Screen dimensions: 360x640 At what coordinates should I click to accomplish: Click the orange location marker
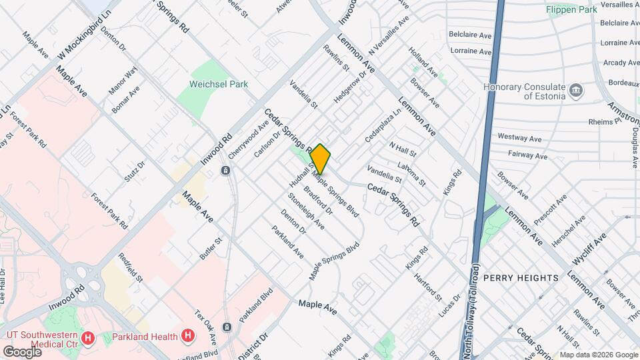(320, 159)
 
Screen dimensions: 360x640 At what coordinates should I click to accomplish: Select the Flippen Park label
(571, 10)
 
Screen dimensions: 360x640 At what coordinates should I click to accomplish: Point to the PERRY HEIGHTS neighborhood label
(521, 277)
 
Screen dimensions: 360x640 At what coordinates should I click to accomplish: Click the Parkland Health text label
(145, 336)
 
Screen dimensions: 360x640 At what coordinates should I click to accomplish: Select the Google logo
(22, 351)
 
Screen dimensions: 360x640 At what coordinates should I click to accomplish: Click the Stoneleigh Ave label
(305, 211)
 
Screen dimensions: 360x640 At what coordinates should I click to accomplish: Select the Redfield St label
(130, 266)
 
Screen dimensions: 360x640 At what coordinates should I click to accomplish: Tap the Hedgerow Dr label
(350, 87)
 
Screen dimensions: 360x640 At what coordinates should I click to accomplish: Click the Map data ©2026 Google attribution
(599, 355)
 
